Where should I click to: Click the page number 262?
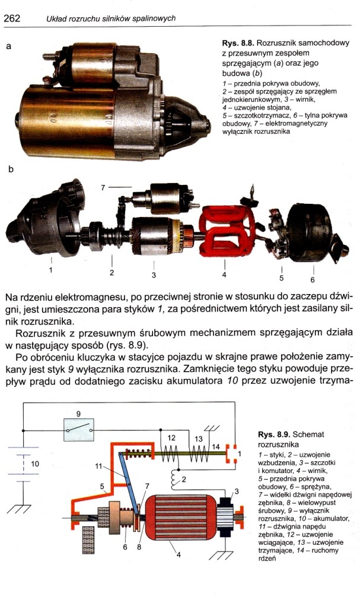11,18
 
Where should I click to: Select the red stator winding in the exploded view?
227,231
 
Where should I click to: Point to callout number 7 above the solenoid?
103,188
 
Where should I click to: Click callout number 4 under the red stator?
224,275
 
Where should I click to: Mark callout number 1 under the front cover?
51,270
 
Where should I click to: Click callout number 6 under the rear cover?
313,280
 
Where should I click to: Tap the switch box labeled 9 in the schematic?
79,430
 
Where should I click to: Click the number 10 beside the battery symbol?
35,464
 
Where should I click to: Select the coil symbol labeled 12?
170,453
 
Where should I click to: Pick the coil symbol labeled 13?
198,453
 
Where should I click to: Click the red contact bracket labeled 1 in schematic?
231,453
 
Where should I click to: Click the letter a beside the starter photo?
8,46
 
